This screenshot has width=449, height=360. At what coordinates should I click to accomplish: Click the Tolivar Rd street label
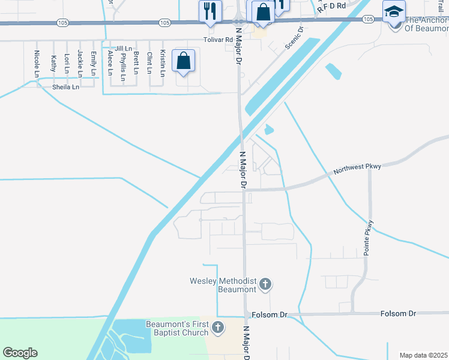click(x=217, y=40)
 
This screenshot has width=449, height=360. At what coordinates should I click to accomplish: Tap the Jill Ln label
click(x=123, y=48)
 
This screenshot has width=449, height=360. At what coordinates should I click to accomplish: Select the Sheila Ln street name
click(x=65, y=87)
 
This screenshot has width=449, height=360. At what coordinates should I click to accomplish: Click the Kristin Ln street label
click(x=163, y=64)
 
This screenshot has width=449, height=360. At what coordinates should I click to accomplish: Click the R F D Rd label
click(x=332, y=7)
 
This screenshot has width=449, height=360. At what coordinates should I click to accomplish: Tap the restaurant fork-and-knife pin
click(x=210, y=11)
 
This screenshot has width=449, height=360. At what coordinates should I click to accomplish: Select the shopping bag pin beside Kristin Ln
click(x=183, y=61)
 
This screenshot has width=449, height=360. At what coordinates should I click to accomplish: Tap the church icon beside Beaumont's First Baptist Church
click(x=218, y=328)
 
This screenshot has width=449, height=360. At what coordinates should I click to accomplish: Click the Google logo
click(x=20, y=353)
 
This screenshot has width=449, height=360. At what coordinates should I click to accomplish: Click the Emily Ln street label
click(x=93, y=64)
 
